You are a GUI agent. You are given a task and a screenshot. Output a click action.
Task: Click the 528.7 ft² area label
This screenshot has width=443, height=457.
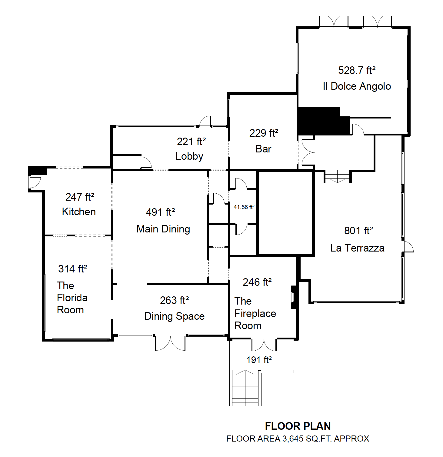click(357, 70)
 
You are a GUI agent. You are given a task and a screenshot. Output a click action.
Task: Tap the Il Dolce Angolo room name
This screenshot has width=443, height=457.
click(357, 86)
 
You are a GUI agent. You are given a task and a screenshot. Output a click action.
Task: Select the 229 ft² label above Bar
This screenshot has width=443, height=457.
click(264, 133)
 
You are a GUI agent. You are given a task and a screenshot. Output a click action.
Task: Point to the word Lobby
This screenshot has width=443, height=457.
click(189, 156)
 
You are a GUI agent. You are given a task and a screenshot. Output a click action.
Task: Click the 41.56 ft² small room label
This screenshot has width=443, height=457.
click(244, 207)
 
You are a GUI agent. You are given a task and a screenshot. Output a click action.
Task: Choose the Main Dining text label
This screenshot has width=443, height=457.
click(163, 229)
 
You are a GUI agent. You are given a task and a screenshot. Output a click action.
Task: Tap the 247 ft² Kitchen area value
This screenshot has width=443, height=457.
click(80, 197)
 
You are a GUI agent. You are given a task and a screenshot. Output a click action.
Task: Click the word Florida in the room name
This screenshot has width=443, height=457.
click(72, 298)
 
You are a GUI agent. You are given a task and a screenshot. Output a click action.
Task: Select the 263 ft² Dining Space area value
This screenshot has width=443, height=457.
click(175, 300)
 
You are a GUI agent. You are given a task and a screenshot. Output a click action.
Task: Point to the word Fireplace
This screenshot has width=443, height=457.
click(255, 314)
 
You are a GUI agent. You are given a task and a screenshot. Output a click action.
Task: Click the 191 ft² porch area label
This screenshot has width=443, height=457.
click(259, 360)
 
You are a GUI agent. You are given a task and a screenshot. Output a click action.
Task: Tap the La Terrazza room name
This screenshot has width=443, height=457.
click(357, 248)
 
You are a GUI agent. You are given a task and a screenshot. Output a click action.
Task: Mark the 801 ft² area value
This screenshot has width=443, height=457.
click(359, 231)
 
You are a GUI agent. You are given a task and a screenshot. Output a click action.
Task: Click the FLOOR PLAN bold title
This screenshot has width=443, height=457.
click(298, 426)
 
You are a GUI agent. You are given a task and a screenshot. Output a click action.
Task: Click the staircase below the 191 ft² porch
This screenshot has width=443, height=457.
click(245, 388)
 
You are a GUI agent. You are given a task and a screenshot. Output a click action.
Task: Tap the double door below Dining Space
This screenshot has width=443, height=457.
click(170, 343)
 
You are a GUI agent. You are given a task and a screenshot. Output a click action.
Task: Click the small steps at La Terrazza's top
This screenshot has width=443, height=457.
click(338, 177)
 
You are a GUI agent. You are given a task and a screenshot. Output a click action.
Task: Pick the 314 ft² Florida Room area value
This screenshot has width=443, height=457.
click(73, 269)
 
